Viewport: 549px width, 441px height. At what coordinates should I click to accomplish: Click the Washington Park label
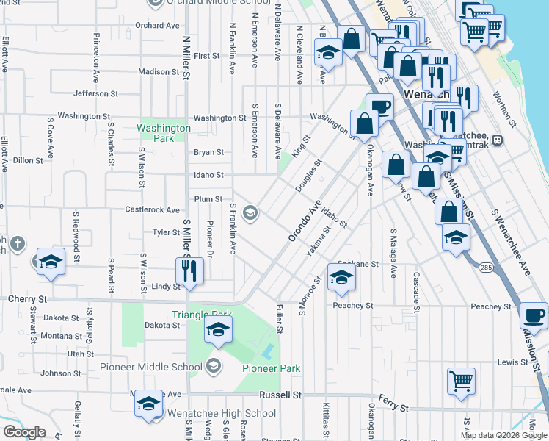click(164, 132)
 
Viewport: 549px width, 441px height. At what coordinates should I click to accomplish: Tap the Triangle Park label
click(202, 315)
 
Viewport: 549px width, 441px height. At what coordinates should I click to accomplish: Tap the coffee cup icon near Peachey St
click(533, 316)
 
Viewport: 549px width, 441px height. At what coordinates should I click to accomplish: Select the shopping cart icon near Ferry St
click(461, 381)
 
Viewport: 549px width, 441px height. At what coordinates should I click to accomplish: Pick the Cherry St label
click(26, 300)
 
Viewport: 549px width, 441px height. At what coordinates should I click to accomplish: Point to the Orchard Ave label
click(157, 26)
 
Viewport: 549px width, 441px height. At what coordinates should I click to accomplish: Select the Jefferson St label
click(95, 94)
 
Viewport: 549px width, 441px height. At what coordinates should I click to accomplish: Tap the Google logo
click(24, 432)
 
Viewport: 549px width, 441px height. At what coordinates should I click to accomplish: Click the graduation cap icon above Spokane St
click(341, 276)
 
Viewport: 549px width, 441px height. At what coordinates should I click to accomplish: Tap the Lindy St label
click(165, 287)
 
